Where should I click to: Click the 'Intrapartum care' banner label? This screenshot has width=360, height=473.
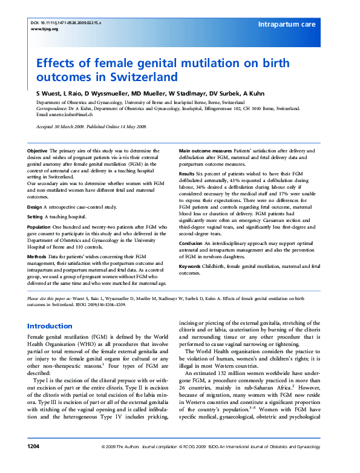coord(287,24)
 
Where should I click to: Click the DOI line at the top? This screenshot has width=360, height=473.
coord(66,22)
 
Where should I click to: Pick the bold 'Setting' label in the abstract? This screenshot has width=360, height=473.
coord(35,216)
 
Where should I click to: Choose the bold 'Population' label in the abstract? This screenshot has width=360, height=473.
coord(39,227)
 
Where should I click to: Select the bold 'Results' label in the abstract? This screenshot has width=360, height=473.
coord(187,173)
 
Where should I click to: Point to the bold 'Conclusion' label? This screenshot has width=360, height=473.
coord(191,244)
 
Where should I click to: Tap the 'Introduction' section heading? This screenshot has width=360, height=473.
coord(50,326)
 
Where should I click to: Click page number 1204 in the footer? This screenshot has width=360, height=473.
coord(33,463)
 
